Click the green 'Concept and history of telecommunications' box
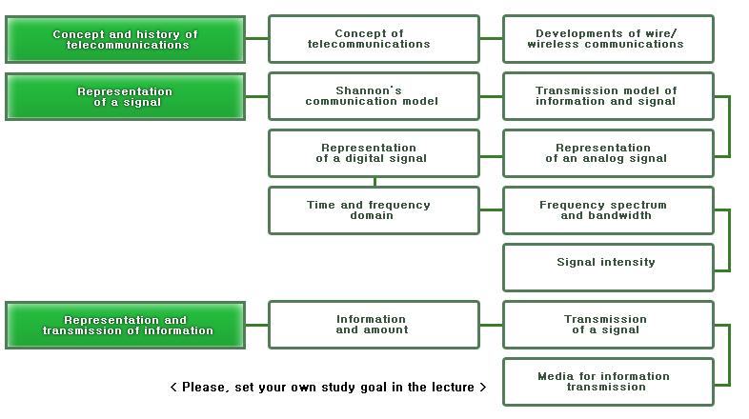click(125, 39)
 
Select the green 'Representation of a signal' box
click(125, 96)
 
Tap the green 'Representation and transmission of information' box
click(125, 325)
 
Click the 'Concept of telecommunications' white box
click(374, 39)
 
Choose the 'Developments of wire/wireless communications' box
click(607, 39)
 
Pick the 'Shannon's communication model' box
click(374, 96)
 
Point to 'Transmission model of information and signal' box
click(607, 96)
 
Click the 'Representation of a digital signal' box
click(374, 153)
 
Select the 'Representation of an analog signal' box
click(607, 153)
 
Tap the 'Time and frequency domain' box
click(374, 210)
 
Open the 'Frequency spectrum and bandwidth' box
click(607, 210)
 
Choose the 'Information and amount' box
click(374, 325)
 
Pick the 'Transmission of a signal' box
click(607, 325)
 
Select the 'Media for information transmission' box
click(607, 382)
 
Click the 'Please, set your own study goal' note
click(328, 388)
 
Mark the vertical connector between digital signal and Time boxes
click(374, 182)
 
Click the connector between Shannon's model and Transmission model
click(491, 96)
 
